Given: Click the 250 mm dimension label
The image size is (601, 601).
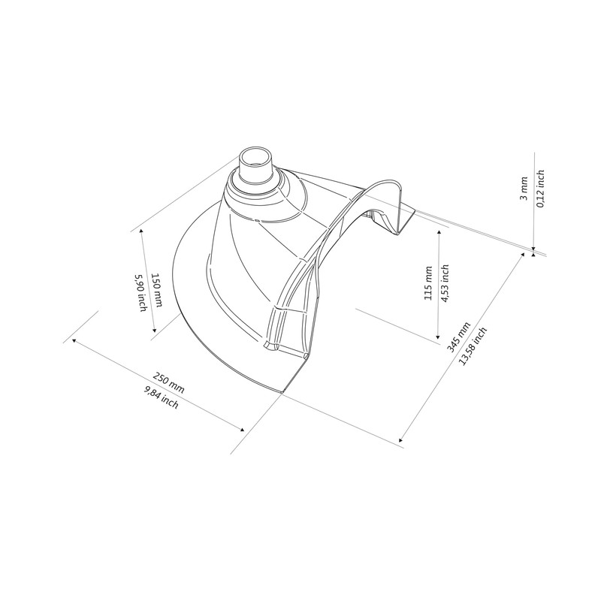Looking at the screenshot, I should pyautogui.click(x=168, y=381).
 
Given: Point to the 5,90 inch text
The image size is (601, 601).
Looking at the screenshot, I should pyautogui.click(x=141, y=294).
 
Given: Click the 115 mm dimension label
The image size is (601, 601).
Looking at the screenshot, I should pyautogui.click(x=427, y=284).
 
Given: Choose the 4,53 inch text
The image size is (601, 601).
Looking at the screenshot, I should pyautogui.click(x=445, y=284).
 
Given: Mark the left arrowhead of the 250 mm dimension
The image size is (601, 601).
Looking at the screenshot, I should pyautogui.click(x=74, y=340).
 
